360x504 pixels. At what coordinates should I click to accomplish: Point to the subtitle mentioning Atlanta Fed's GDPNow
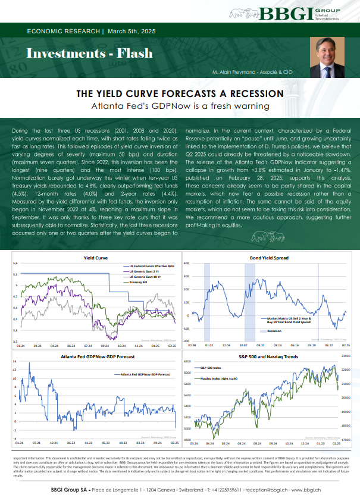[x=180, y=106]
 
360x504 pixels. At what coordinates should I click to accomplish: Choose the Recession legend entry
[x=274, y=330]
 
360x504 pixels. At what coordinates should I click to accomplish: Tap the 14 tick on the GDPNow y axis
[x=15, y=362]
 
